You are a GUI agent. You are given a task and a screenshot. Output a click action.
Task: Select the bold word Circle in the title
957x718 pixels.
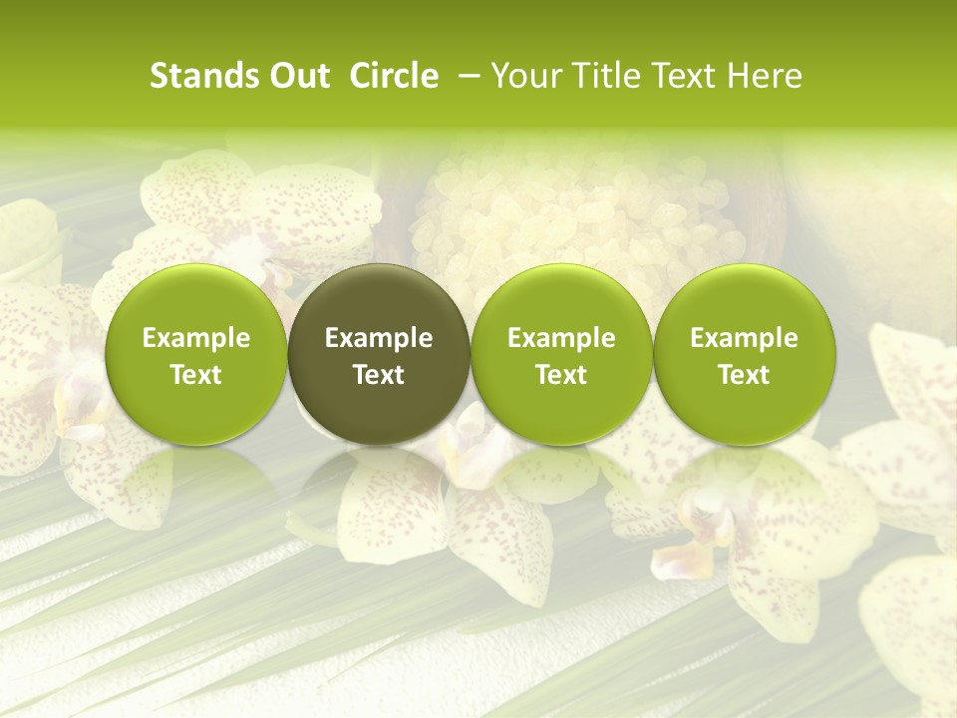(394, 76)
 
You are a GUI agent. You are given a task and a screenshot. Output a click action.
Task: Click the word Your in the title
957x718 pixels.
(525, 76)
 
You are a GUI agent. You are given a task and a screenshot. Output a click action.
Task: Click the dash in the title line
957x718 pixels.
(465, 76)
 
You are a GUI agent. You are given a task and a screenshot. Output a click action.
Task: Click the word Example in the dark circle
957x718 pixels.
(379, 338)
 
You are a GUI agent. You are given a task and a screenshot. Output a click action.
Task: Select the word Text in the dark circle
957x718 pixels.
(379, 375)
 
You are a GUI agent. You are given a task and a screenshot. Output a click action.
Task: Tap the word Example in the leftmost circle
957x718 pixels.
(196, 338)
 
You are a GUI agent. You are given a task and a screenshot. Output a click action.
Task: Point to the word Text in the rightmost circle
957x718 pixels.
(744, 375)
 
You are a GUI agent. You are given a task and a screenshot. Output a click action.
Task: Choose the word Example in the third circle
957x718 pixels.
(561, 338)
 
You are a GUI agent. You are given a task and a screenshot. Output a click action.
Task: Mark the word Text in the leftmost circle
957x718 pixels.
(196, 375)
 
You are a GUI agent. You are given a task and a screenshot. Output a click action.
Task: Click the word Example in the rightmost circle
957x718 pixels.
(744, 338)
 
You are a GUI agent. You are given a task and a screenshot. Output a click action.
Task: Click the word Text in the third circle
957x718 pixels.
(561, 375)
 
